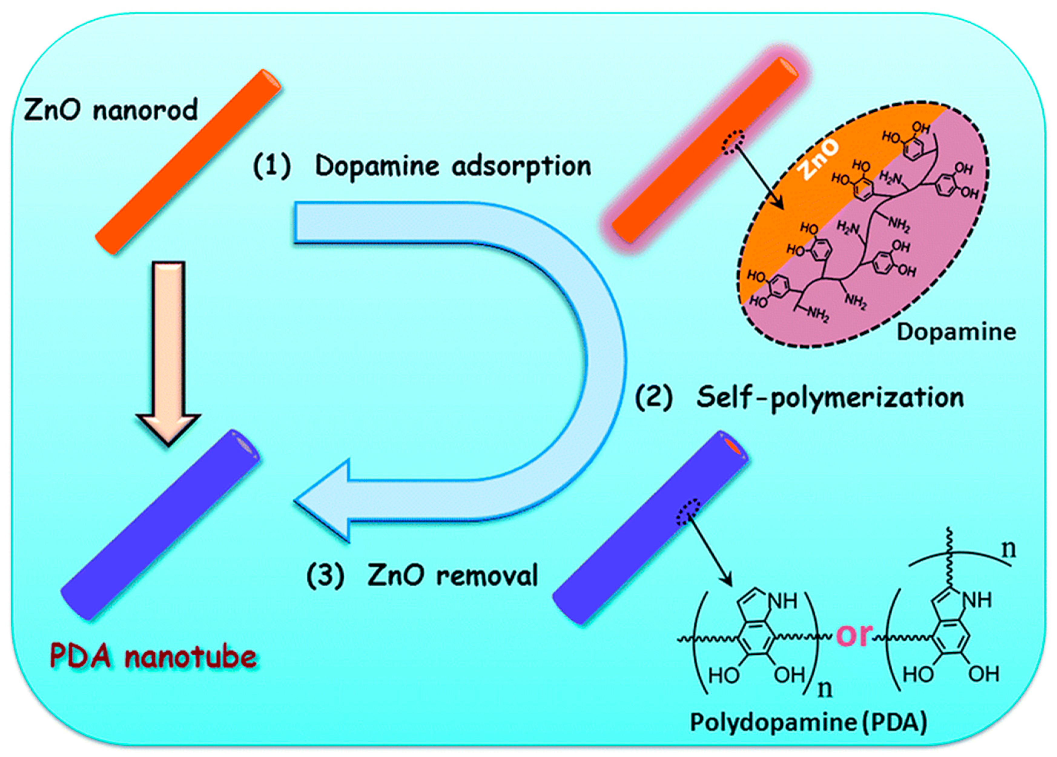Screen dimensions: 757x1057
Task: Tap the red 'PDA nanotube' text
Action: [x=153, y=657]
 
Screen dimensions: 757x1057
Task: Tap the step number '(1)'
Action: [x=272, y=166]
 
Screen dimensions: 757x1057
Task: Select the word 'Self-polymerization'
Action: [x=830, y=398]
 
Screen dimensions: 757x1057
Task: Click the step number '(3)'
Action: [x=325, y=575]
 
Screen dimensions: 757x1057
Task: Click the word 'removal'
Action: [x=487, y=575]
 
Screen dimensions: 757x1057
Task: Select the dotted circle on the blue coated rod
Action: [x=689, y=512]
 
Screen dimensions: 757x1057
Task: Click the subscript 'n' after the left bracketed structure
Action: [x=824, y=688]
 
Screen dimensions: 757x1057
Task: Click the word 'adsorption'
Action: [x=521, y=166]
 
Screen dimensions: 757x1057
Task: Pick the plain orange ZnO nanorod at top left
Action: [x=188, y=162]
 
